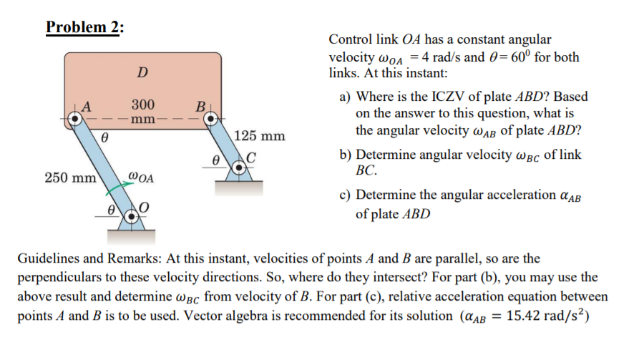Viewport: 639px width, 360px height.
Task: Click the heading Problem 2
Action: (x=84, y=27)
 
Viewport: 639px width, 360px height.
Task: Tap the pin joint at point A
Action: (x=75, y=120)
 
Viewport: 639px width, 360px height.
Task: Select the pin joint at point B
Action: (x=213, y=120)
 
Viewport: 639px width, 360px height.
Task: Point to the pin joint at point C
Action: (x=243, y=162)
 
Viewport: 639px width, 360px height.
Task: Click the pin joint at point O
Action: (x=130, y=214)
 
